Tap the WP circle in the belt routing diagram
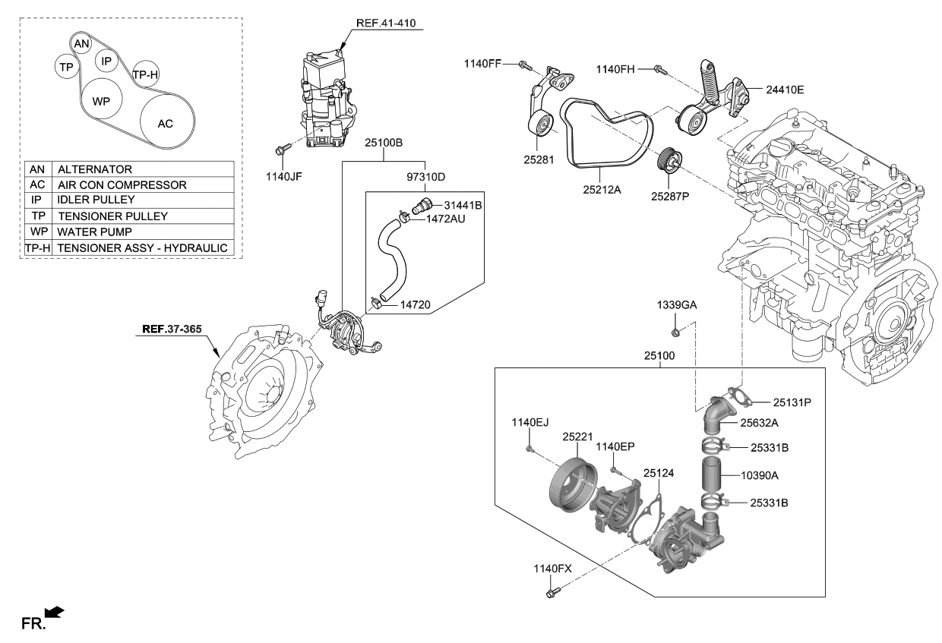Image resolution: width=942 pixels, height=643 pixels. pos(101,101)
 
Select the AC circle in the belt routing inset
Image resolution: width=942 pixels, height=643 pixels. pos(166,123)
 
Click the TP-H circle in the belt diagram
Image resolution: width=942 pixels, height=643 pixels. pos(145,74)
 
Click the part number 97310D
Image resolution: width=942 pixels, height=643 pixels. pos(425,178)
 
